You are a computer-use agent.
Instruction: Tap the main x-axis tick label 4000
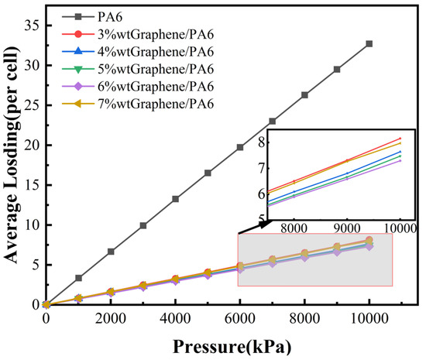[175, 318]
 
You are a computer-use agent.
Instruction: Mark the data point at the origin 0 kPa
[46, 304]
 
